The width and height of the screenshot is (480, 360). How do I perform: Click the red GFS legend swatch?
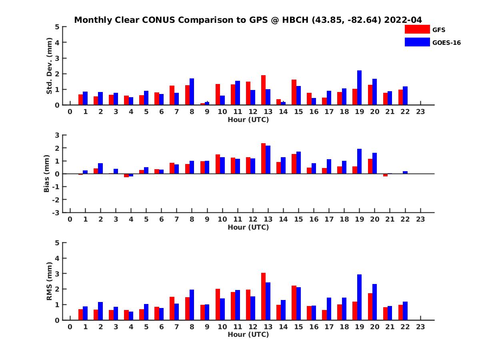pos(417,30)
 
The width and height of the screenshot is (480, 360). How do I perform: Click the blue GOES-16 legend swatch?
pos(417,42)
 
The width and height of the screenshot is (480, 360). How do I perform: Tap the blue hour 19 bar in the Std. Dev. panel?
pos(359,88)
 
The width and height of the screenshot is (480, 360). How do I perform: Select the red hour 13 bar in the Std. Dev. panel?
pos(263,90)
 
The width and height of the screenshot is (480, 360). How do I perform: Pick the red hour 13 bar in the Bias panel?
pos(263,158)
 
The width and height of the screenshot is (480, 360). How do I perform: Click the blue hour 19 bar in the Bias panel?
pos(359,161)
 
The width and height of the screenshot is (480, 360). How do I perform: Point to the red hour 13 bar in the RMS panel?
pos(263,296)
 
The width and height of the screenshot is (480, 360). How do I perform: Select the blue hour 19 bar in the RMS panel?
pos(359,297)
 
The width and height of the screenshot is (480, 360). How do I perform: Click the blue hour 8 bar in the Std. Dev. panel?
pos(192,92)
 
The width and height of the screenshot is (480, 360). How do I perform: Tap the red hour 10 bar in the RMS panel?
pos(218,304)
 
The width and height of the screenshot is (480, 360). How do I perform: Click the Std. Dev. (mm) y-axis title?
pos(50,66)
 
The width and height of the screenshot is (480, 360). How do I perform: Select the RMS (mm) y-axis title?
pos(50,281)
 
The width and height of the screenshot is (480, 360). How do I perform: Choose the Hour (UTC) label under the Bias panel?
pos(248,227)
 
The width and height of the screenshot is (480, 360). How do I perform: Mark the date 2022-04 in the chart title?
pos(403,20)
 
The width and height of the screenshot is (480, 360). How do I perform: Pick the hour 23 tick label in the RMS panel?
pos(420,326)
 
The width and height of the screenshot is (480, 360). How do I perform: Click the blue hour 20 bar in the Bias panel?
pos(374,163)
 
